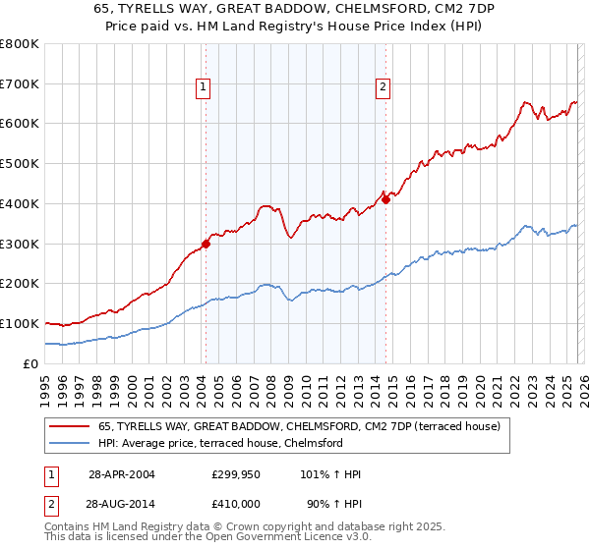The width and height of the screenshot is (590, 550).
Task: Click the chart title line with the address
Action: pos(294,11)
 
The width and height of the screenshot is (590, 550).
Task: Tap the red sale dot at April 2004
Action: pos(206,244)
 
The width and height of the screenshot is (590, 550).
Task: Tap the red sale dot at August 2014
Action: pos(386,199)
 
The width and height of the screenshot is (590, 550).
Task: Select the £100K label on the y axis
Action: pos(21,323)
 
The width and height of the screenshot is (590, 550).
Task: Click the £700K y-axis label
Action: pos(21,84)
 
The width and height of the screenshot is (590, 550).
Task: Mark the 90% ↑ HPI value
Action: pos(333,502)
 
